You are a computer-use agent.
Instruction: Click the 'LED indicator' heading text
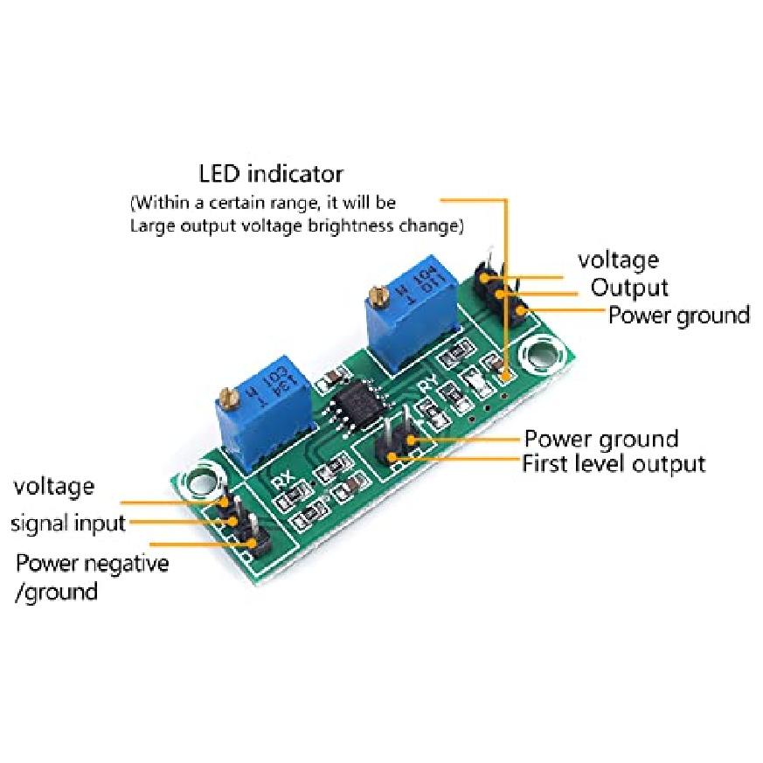pos(271,173)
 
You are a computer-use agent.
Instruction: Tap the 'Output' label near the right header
pos(629,287)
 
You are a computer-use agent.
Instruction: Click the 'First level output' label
pos(613,463)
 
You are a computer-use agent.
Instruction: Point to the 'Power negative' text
pos(92,563)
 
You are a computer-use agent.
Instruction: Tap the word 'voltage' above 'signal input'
pos(53,486)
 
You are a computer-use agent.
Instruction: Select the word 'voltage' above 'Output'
pos(618,260)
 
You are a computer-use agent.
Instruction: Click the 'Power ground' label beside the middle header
pos(600,438)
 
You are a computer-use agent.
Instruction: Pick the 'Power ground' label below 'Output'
pos(678,315)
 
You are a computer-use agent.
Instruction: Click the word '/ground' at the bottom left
pos(57,592)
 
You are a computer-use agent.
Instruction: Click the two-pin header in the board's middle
pos(395,444)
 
